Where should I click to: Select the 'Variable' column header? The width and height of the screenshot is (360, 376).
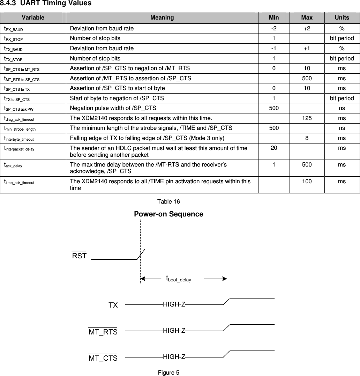[33, 17]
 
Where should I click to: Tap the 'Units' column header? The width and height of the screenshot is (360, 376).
[342, 17]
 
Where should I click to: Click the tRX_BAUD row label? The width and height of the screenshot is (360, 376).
[14, 29]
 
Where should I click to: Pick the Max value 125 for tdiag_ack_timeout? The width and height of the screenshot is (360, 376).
[307, 118]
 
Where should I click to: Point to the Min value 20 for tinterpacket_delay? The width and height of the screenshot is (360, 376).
[274, 148]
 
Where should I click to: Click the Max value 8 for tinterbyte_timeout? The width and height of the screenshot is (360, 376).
[307, 138]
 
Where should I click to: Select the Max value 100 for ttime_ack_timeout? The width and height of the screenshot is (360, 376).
[307, 181]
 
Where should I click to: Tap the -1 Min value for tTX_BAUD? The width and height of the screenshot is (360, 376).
[274, 49]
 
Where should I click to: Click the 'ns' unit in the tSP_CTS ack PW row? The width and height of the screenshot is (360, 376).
[342, 108]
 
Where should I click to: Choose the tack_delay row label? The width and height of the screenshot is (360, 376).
[13, 165]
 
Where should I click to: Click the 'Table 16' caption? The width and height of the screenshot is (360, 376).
[168, 202]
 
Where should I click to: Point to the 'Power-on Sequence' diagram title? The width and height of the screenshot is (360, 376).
[168, 214]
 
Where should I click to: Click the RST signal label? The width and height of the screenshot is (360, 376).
[79, 256]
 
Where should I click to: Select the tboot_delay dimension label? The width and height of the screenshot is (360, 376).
[178, 279]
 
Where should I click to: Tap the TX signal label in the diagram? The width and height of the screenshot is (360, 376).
[113, 305]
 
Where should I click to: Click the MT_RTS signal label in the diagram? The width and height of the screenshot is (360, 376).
[103, 332]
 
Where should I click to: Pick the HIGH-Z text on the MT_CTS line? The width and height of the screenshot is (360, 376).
[174, 356]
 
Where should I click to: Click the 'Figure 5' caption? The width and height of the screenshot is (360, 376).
[168, 373]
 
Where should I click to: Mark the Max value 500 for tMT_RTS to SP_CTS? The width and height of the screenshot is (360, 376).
[307, 79]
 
